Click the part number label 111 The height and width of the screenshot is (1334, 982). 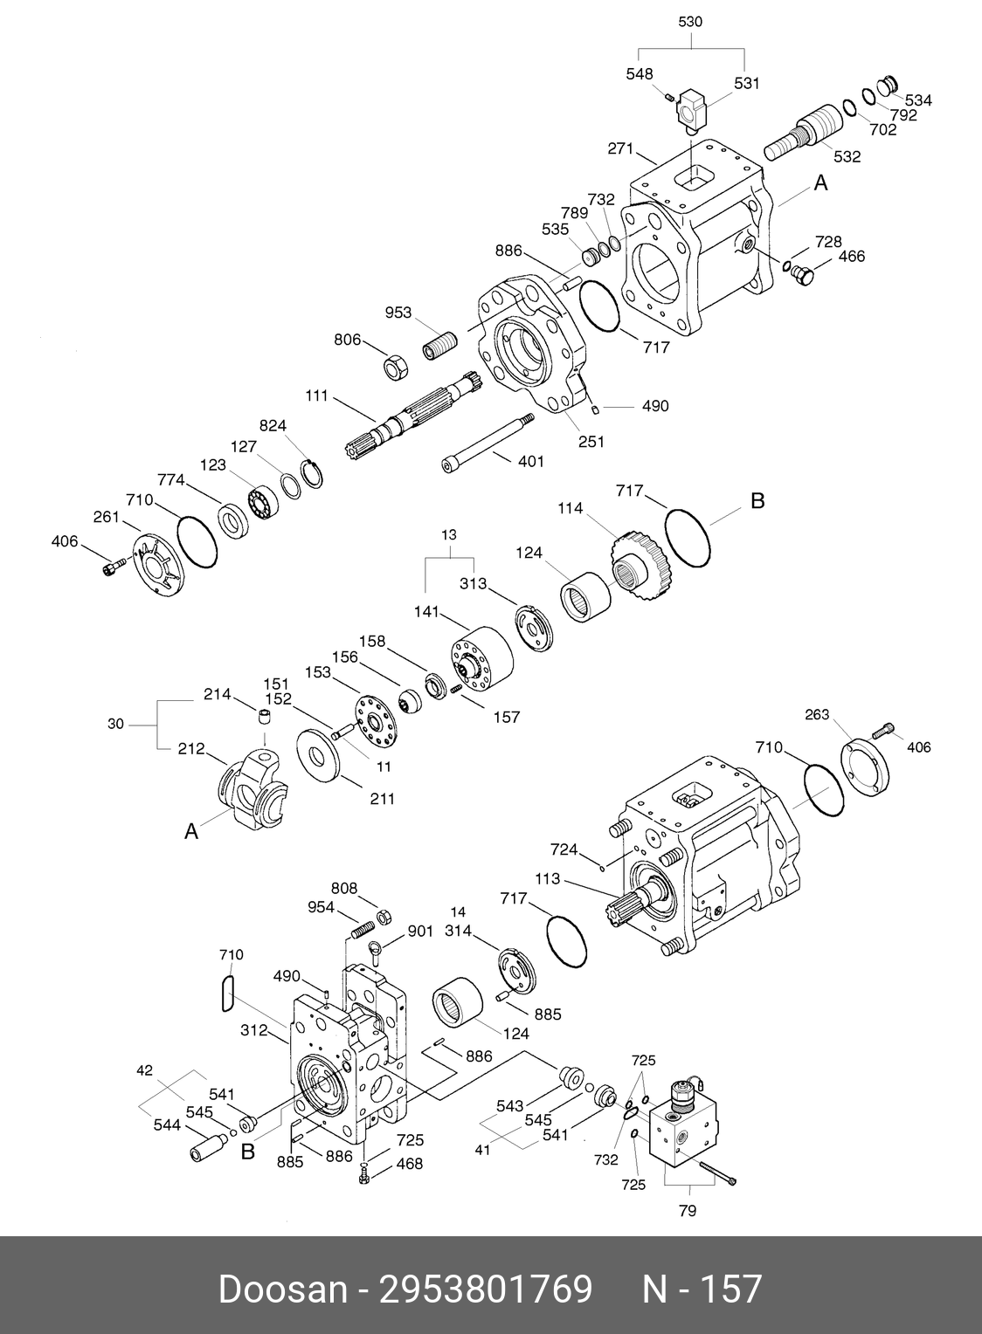point(316,395)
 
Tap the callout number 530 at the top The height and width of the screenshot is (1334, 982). point(690,21)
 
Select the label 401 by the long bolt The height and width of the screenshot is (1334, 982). point(531,461)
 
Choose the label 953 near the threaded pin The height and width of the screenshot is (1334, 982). point(398,313)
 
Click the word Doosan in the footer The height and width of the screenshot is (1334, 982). point(282,1289)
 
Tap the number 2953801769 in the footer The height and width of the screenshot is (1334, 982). point(485,1289)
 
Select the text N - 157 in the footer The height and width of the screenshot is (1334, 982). point(702,1289)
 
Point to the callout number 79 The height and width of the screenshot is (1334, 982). point(688,1211)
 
